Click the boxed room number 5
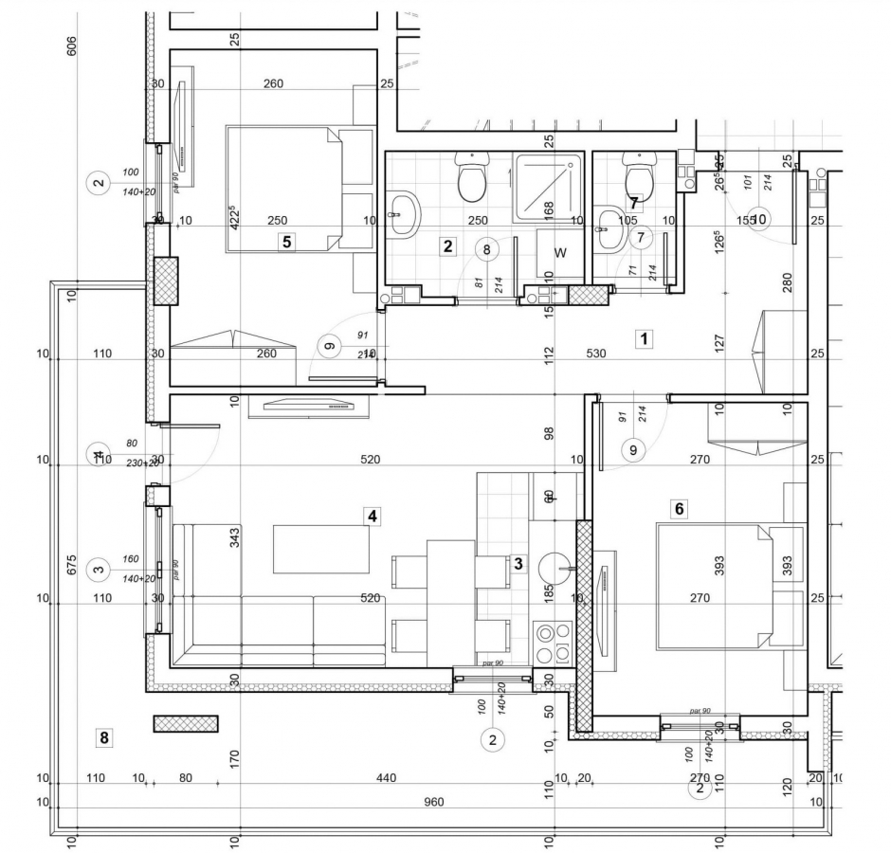(285, 242)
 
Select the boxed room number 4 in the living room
(373, 517)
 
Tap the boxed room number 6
(679, 509)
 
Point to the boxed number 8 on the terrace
(104, 736)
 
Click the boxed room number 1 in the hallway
(644, 338)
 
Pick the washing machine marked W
(559, 253)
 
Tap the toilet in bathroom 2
(471, 178)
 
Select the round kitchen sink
(555, 569)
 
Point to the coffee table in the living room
(321, 549)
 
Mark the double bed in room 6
(716, 588)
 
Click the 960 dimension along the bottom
(433, 802)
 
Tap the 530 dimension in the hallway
(595, 354)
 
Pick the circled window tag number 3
(98, 570)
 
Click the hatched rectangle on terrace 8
(186, 723)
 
